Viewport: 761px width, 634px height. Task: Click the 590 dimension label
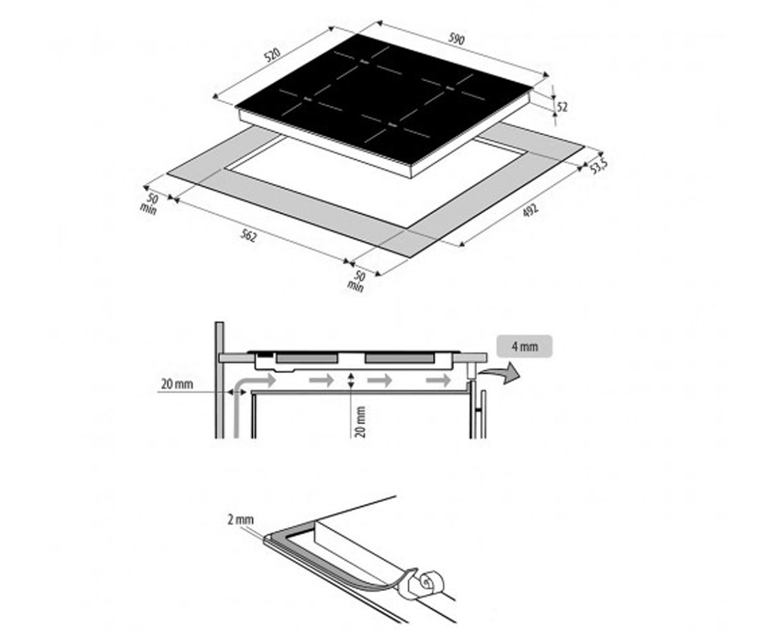pos(457,39)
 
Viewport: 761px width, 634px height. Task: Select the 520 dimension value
pos(272,55)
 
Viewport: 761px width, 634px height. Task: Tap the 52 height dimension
pos(562,107)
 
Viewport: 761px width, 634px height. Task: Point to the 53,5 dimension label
pos(599,167)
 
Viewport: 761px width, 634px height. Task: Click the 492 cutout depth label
pos(530,210)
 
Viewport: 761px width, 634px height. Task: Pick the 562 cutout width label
pos(249,236)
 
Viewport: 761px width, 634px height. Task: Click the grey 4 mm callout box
pos(524,346)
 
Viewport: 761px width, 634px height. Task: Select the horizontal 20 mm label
pos(177,384)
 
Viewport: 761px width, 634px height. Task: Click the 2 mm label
pos(240,520)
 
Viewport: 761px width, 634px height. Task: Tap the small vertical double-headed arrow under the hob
pos(351,380)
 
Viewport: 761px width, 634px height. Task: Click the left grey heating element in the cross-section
pos(306,359)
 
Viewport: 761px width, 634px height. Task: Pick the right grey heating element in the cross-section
pos(400,359)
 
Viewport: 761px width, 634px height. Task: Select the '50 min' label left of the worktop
pos(150,204)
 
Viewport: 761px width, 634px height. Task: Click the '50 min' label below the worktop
pos(356,281)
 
